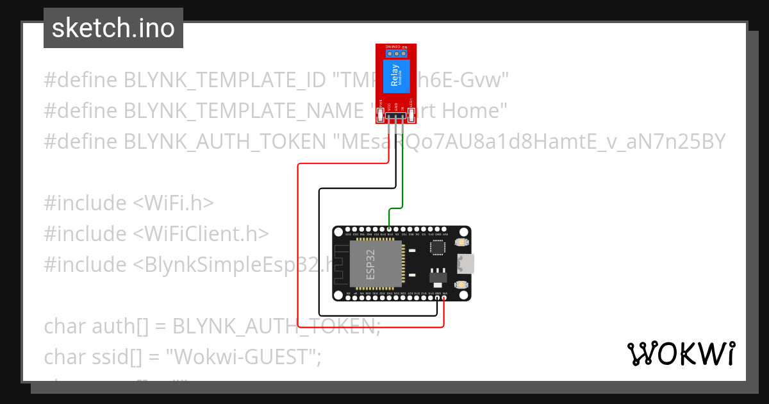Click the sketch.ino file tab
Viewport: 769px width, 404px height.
[113, 28]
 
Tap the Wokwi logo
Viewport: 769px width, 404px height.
[681, 354]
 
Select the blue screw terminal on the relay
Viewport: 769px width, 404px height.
[396, 54]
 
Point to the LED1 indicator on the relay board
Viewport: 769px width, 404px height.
[411, 115]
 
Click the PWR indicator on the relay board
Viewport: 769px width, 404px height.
[381, 116]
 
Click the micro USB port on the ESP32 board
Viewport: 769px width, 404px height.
[465, 263]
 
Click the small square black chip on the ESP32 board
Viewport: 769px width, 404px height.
[438, 248]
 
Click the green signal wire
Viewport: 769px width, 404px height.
[402, 186]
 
